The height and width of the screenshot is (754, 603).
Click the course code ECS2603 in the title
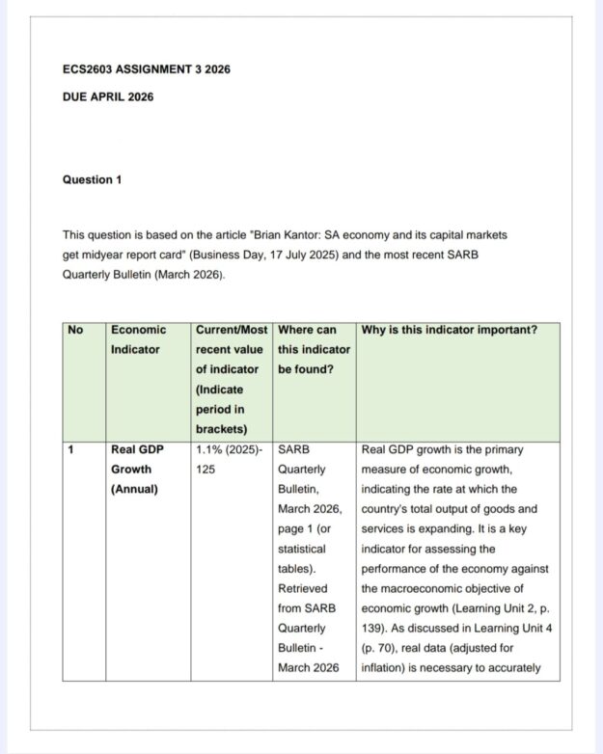tap(92, 69)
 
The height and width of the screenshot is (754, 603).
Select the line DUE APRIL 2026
tap(107, 96)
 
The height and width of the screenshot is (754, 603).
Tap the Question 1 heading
tap(92, 179)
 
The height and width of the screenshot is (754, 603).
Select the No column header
tap(75, 330)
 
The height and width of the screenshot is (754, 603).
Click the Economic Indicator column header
tap(139, 339)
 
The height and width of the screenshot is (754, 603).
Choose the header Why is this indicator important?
tap(449, 330)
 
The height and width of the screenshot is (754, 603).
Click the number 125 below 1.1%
tap(206, 470)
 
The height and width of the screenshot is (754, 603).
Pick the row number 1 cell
tap(71, 449)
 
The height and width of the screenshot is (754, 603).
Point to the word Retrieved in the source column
tap(302, 588)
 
